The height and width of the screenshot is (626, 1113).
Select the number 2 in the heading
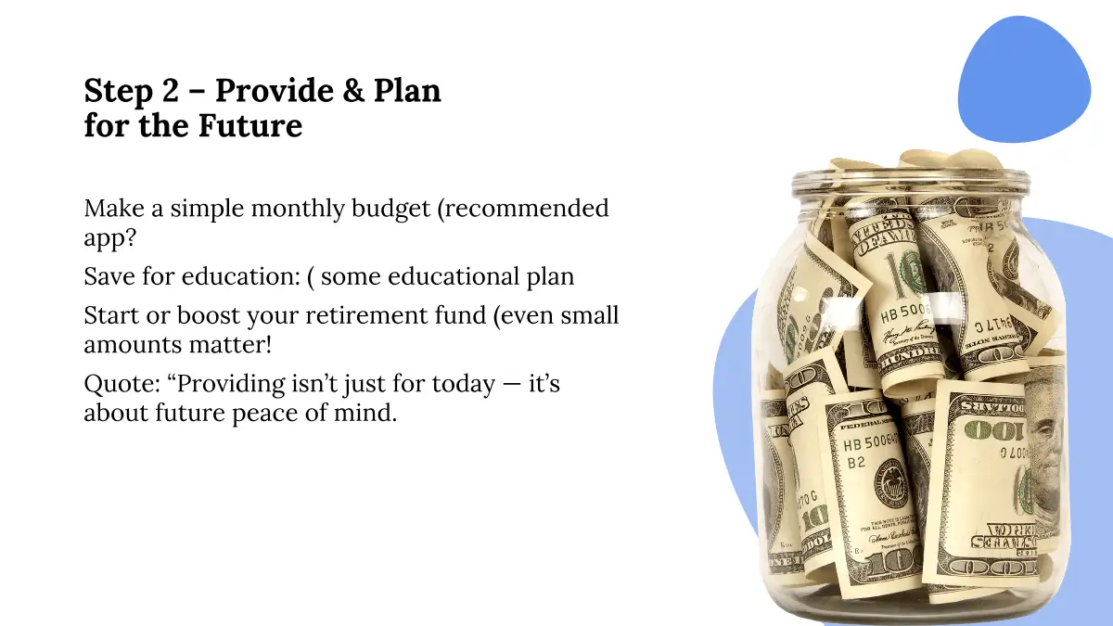pos(170,91)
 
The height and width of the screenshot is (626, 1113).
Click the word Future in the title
pos(250,125)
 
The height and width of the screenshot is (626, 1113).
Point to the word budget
pos(390,209)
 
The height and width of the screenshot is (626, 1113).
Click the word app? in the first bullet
pos(109,238)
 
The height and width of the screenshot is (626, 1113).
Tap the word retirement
pos(366,315)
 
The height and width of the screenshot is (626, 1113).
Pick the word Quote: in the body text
pos(122,384)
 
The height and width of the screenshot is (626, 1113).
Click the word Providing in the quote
pos(226,385)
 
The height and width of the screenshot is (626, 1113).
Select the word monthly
pos(298,209)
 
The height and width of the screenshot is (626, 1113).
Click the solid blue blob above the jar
pos(1024,80)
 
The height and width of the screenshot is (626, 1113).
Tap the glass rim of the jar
pos(910,180)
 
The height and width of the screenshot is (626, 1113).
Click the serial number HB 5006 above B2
pos(871,442)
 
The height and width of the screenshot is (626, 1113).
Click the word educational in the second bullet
pos(454,276)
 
